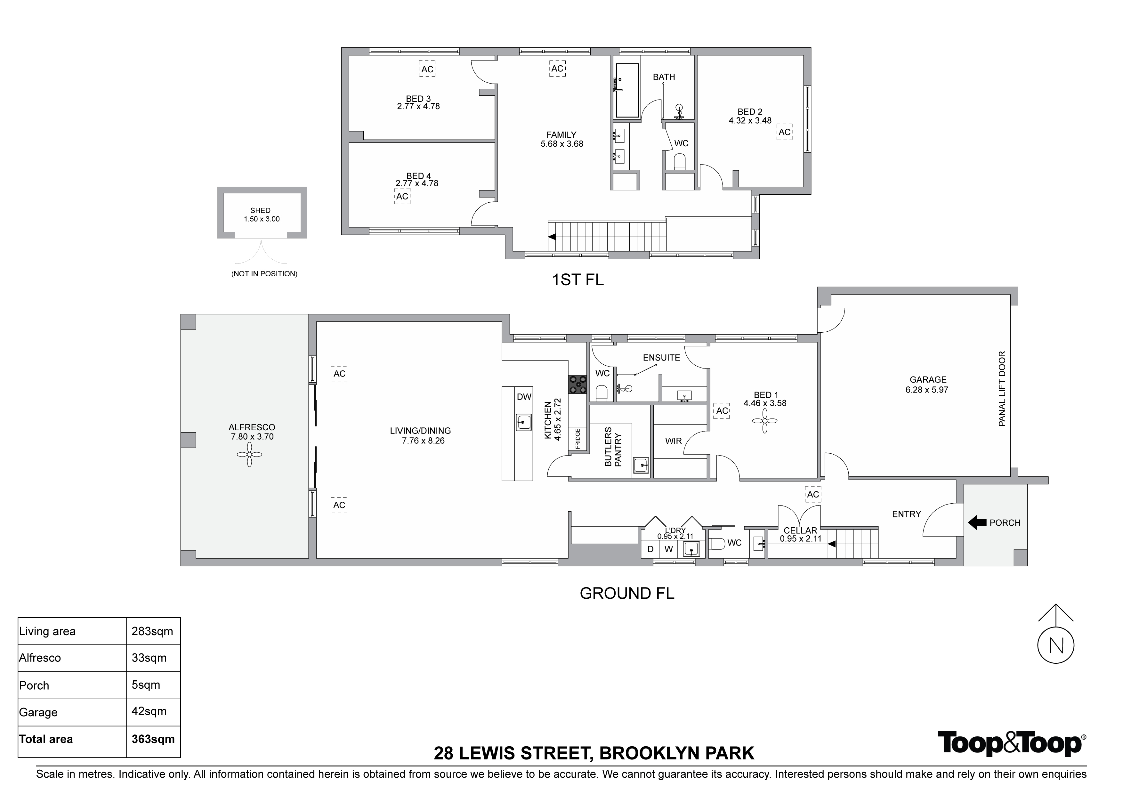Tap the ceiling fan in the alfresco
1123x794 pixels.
(x=249, y=455)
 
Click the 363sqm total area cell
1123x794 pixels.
(x=153, y=739)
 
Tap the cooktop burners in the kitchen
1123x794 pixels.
(x=577, y=385)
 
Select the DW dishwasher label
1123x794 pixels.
(x=524, y=397)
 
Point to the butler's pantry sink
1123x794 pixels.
(x=641, y=465)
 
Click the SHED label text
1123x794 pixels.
(x=260, y=210)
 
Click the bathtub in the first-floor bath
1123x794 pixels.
(x=627, y=91)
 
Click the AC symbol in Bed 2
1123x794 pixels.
(x=785, y=133)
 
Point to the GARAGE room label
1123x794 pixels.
(x=928, y=380)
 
